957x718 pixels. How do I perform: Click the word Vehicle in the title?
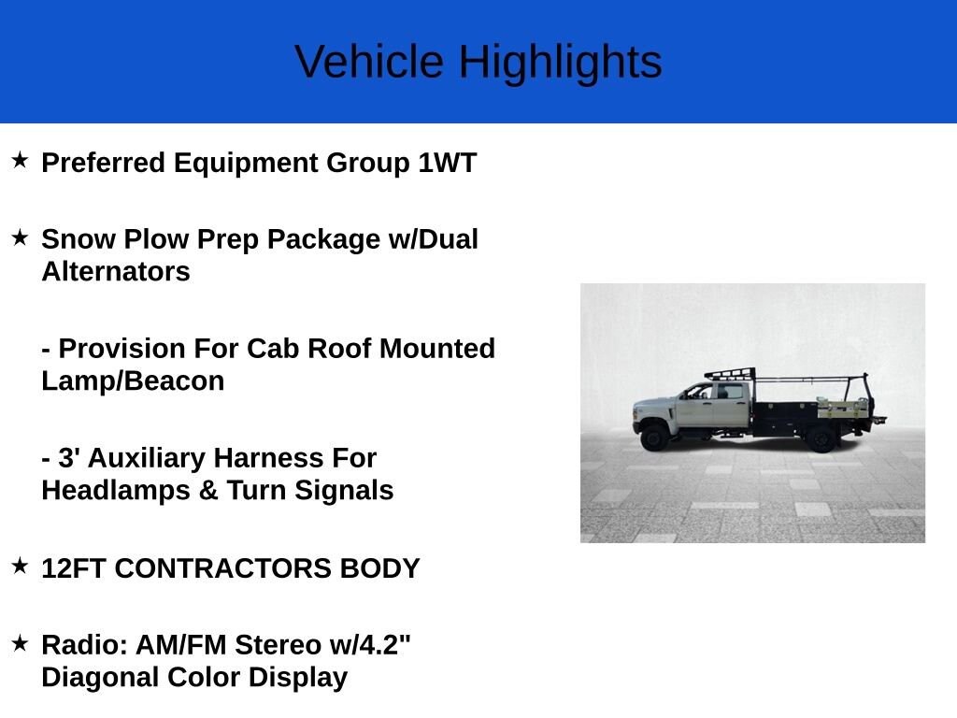(x=369, y=61)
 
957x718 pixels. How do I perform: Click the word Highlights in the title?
(x=561, y=63)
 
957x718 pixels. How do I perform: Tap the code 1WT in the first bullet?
(x=448, y=163)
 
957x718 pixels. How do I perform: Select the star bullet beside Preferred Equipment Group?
(x=21, y=161)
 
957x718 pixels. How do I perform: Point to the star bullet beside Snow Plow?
(x=21, y=237)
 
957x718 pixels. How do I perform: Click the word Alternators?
(x=116, y=272)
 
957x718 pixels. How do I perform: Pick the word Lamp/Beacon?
(x=133, y=381)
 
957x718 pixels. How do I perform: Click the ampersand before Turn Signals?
(x=208, y=491)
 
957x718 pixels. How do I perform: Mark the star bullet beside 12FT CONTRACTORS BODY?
(x=21, y=566)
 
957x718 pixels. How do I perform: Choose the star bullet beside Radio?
(x=21, y=642)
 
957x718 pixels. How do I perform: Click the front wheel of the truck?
(x=655, y=438)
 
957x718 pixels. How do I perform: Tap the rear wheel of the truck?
(x=821, y=438)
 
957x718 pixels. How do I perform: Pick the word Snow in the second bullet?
(x=79, y=239)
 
